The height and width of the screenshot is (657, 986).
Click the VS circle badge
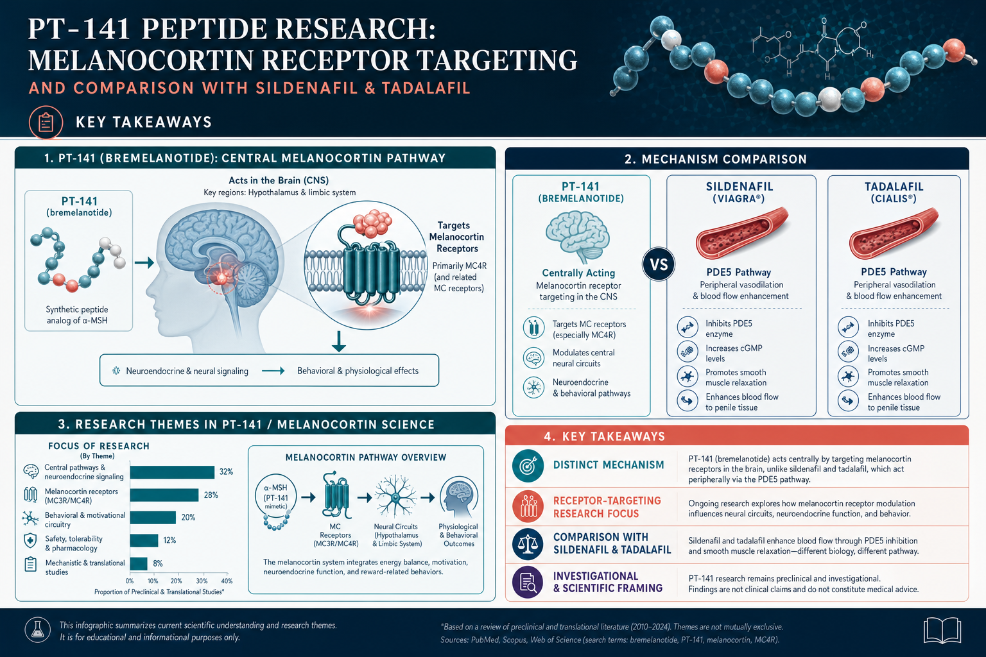(659, 264)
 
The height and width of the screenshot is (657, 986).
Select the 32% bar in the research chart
(172, 472)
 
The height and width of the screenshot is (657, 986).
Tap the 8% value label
(157, 564)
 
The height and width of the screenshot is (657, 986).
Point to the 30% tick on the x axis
(202, 581)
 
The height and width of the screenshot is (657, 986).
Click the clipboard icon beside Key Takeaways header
(46, 123)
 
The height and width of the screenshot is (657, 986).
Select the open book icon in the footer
(942, 630)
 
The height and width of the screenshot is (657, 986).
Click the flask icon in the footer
(38, 629)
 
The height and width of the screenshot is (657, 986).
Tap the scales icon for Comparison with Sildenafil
(527, 544)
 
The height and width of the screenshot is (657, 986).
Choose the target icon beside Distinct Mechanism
(527, 466)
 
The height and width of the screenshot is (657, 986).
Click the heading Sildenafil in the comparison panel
(739, 187)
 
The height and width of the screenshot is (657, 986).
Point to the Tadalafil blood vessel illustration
(894, 234)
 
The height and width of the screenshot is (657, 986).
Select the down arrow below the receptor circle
(338, 341)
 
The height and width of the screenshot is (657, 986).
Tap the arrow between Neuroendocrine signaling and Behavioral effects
(273, 371)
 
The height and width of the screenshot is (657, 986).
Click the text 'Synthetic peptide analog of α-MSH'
(77, 314)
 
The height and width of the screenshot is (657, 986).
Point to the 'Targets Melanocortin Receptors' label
(456, 237)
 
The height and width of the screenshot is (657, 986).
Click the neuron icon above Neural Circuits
(395, 497)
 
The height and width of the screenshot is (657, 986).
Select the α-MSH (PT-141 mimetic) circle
(276, 497)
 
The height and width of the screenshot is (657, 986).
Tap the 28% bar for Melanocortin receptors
(164, 495)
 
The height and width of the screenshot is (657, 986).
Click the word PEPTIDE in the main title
(205, 29)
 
